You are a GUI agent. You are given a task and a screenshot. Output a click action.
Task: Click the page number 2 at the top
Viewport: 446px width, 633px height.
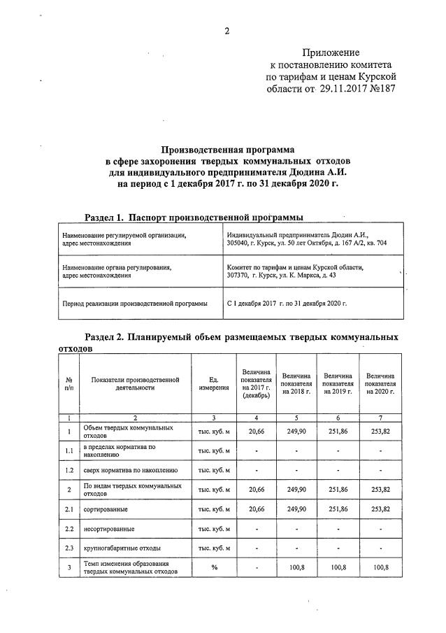click(226, 30)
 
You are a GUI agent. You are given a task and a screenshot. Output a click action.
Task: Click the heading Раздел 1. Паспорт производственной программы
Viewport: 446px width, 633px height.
click(194, 218)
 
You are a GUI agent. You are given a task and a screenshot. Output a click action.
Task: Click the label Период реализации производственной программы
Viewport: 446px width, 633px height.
click(135, 304)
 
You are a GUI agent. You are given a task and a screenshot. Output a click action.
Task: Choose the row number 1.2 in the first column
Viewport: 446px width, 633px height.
click(69, 470)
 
